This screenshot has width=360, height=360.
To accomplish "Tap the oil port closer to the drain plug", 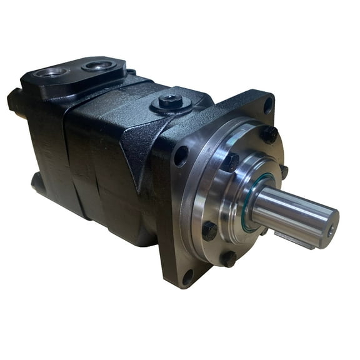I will [99, 64].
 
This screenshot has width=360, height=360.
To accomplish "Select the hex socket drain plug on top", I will [170, 99].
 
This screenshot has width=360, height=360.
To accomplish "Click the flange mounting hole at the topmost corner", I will [268, 105].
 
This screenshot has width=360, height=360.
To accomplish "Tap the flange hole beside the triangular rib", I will [181, 155].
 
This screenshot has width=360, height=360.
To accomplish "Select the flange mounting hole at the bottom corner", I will [187, 276].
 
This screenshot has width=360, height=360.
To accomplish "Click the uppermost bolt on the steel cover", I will [269, 134].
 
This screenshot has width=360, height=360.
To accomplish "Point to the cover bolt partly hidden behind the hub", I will [284, 171].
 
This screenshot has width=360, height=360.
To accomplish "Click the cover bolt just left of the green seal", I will [231, 162].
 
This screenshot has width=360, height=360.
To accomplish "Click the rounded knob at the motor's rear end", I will [14, 101].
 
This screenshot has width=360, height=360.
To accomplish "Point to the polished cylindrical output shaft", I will [294, 212].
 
